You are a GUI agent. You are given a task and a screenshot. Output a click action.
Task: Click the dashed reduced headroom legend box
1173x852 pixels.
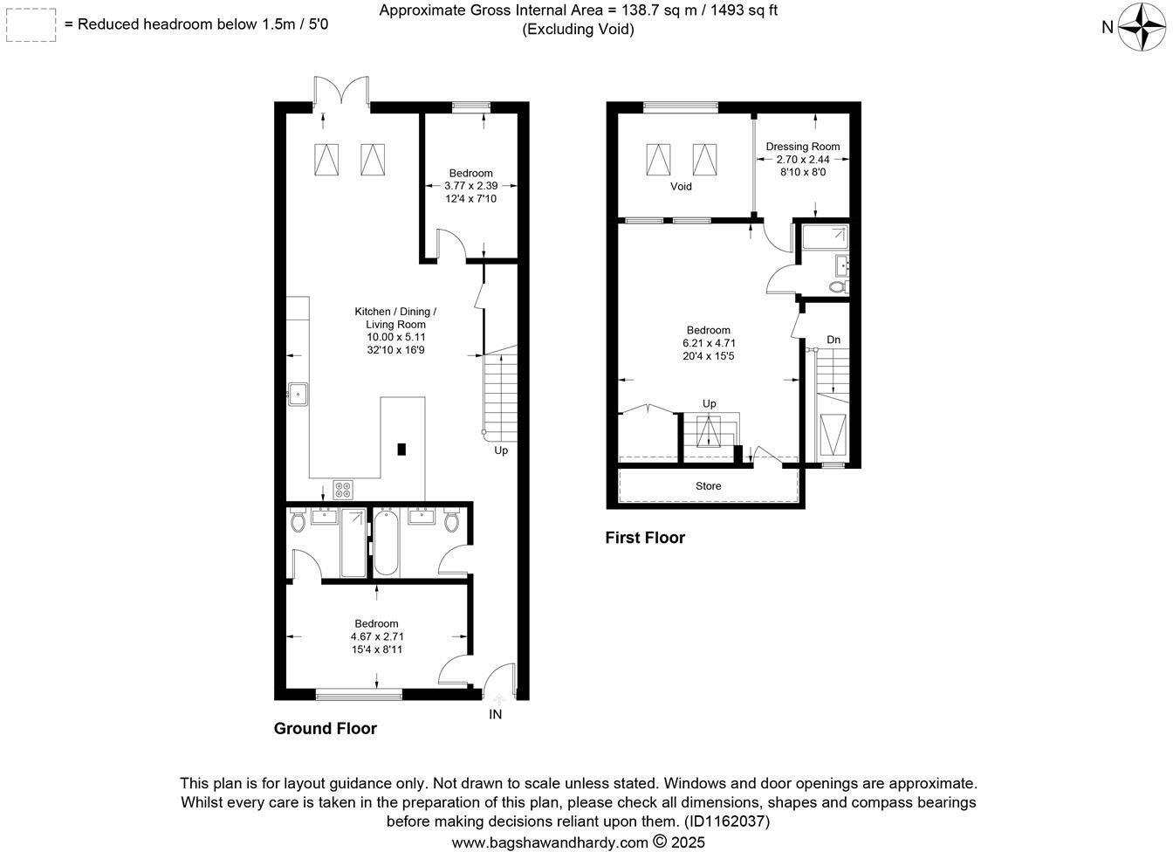point(31,25)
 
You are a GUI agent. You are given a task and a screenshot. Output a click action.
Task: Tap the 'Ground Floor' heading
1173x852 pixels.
point(326,729)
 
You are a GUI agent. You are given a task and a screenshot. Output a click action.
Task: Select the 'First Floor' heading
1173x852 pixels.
point(645,539)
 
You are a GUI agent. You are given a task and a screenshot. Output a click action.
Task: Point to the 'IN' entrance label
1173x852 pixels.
point(495,715)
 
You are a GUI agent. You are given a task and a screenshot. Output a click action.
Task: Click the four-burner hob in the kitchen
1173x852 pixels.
point(342,490)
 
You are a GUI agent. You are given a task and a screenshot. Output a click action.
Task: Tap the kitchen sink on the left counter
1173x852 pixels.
point(298,394)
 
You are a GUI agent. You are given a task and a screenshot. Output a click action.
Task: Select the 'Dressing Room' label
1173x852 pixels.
point(803,147)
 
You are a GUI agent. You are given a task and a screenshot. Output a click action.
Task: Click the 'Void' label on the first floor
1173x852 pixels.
point(681,187)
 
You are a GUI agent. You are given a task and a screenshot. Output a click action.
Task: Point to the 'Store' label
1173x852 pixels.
point(708,486)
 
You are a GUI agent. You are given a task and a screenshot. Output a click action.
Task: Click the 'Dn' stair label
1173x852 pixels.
point(833,340)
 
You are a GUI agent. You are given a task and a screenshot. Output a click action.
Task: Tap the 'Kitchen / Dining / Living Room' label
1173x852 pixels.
point(395,318)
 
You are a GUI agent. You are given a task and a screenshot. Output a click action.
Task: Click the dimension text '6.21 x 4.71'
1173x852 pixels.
point(708,343)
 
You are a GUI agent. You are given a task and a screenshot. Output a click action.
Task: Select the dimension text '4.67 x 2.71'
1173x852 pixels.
point(377,636)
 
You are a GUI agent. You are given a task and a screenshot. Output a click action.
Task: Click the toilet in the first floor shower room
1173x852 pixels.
point(837,285)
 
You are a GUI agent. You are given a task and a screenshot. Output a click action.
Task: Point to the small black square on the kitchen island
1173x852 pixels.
point(401,450)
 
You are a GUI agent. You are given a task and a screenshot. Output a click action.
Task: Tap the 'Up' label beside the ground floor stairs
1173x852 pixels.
point(501,450)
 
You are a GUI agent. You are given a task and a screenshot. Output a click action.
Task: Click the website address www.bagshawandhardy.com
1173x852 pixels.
point(550,842)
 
